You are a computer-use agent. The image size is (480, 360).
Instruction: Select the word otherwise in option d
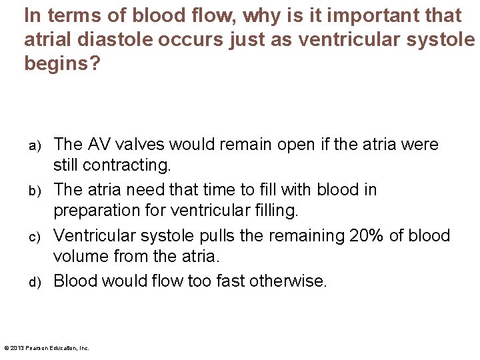coord(288,281)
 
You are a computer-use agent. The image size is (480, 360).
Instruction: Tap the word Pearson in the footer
coord(41,348)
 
